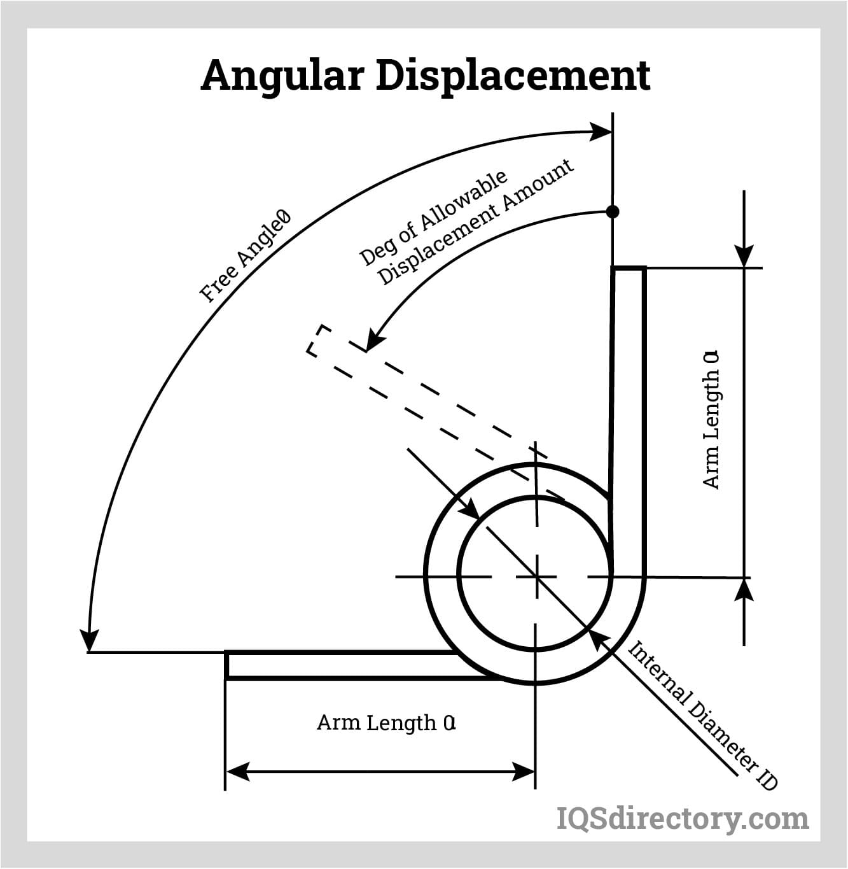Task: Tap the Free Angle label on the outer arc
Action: (x=245, y=256)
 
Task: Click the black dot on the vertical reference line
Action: (x=612, y=212)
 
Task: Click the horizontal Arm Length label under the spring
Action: (x=386, y=723)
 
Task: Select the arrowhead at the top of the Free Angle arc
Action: (x=601, y=132)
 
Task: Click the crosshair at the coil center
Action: (x=536, y=577)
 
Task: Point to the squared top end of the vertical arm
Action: (x=629, y=269)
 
